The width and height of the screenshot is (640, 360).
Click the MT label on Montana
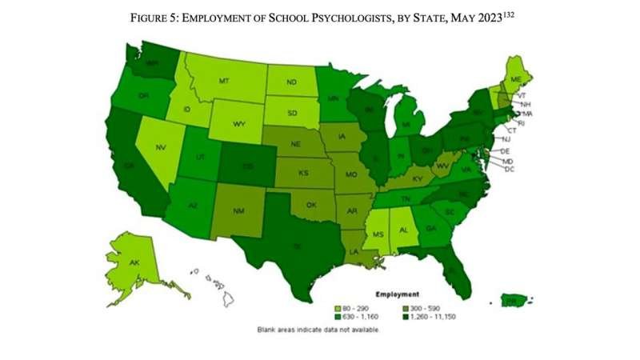tap(224, 81)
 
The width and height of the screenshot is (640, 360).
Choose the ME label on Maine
tap(515, 78)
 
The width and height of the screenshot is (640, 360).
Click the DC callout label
tap(509, 169)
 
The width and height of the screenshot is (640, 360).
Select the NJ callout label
tap(506, 139)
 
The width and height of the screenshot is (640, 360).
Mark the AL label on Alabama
tap(403, 229)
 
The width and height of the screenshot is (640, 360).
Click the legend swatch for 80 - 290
tap(340, 307)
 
